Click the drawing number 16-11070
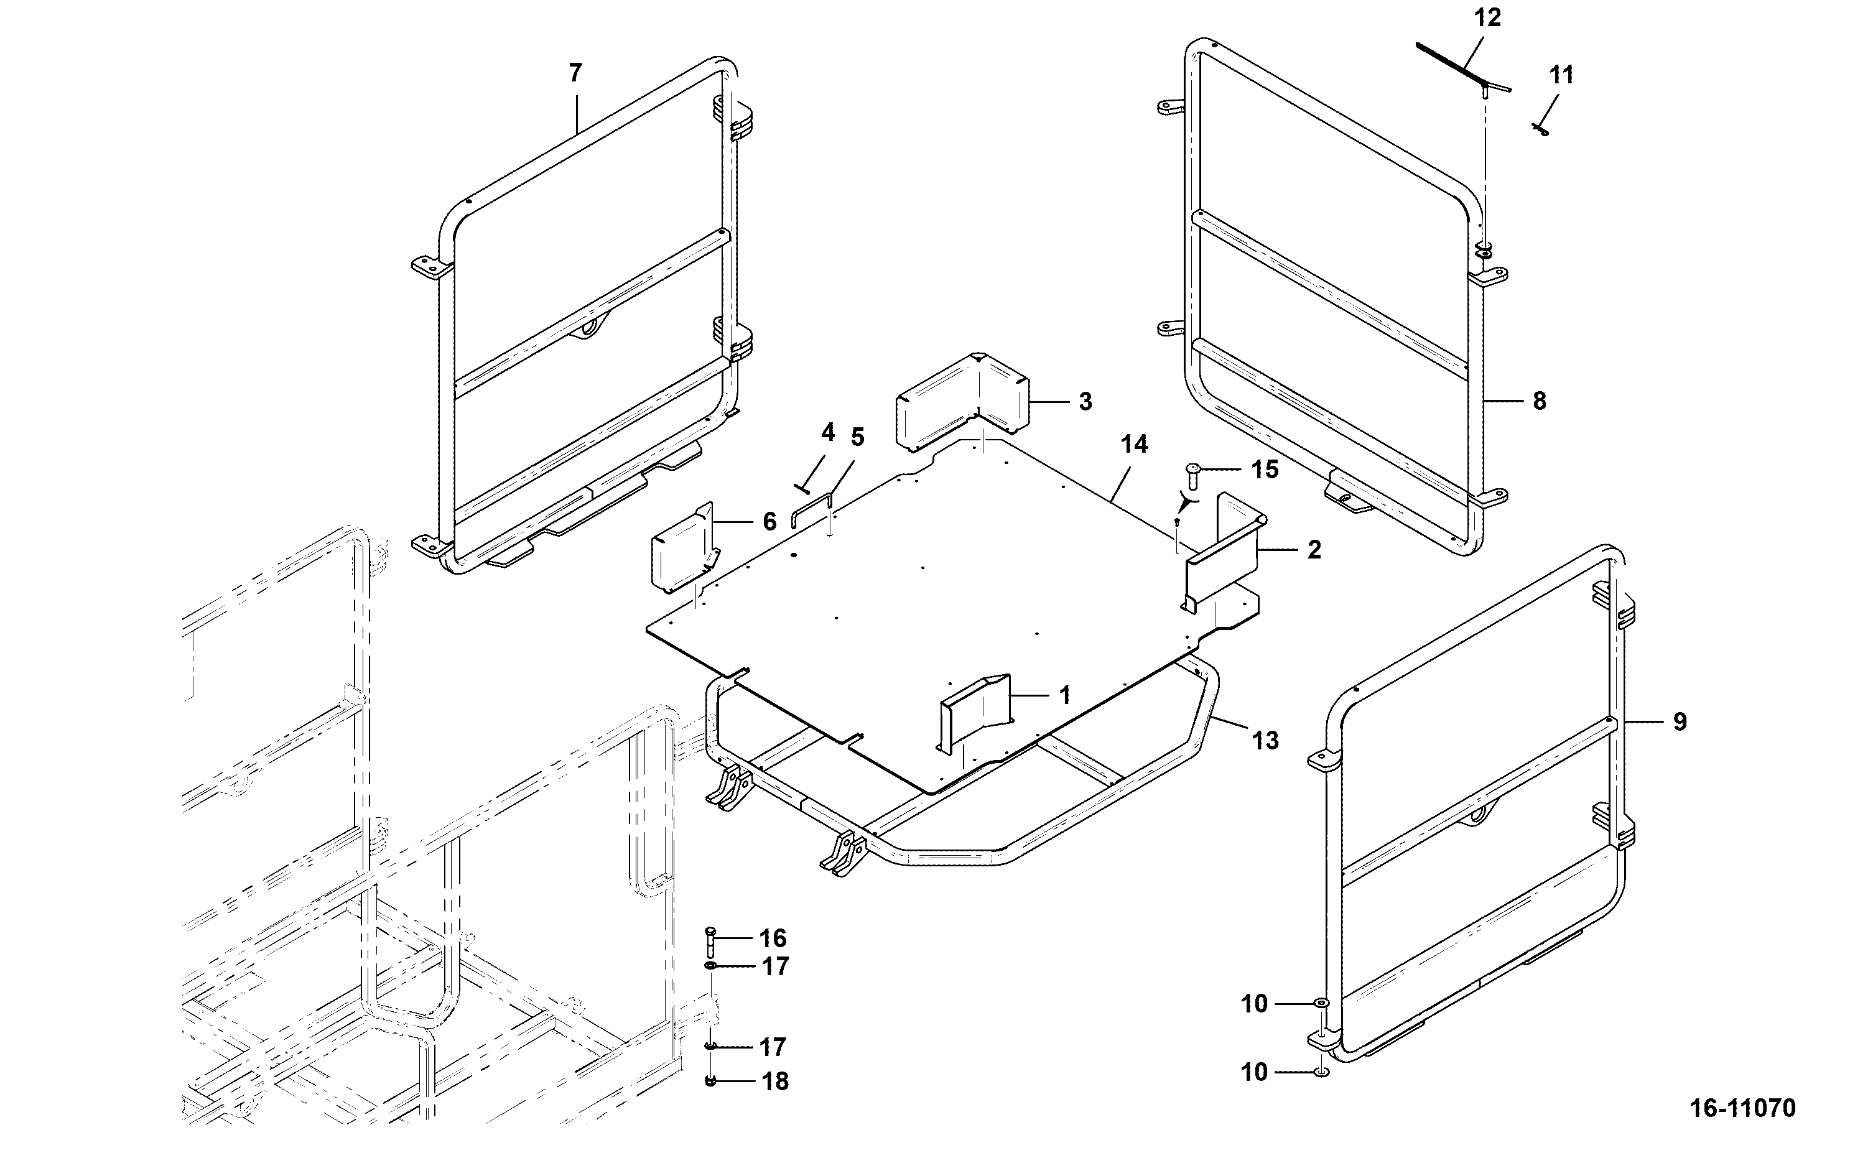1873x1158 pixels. point(1743,1108)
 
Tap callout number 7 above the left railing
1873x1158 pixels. point(575,73)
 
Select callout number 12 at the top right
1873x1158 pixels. point(1488,17)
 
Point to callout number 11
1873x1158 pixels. point(1561,75)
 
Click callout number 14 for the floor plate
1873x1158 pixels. point(1135,443)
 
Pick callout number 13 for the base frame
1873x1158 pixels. point(1265,741)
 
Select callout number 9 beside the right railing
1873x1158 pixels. point(1679,721)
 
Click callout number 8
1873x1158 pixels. point(1539,401)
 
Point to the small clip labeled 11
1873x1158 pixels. point(1541,130)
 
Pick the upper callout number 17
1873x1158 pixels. point(775,966)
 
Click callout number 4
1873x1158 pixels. point(827,433)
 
